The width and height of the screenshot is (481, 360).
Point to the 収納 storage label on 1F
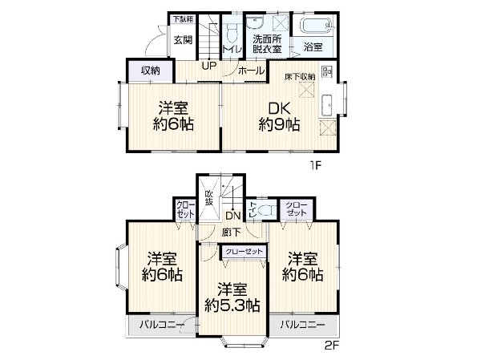point(150,71)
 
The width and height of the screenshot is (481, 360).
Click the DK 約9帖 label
point(279,115)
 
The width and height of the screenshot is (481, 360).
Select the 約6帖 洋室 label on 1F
point(174,115)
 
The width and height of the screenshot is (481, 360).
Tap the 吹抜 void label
point(209,198)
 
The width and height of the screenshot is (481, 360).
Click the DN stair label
point(232,216)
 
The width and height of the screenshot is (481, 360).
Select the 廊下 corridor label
point(232,232)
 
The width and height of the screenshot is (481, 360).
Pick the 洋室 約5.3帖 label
point(232,296)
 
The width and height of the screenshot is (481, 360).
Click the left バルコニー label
point(157,326)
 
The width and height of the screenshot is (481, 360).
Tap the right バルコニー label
point(303,326)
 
